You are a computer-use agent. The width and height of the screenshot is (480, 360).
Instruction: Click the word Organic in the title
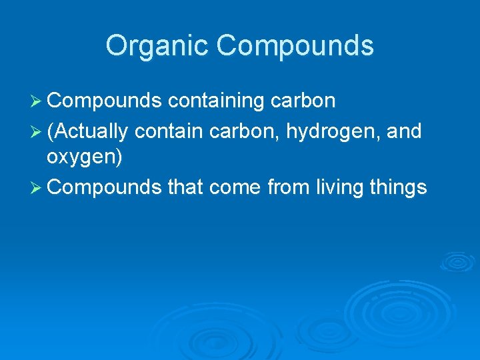(157, 45)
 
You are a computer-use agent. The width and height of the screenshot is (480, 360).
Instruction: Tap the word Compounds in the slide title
(295, 45)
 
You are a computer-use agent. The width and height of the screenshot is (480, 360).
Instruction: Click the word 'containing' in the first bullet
(217, 101)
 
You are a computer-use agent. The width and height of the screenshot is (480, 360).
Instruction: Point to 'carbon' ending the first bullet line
(304, 101)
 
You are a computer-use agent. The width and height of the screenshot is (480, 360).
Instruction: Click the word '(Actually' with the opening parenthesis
(87, 132)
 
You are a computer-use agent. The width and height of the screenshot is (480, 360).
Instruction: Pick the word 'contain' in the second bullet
(169, 132)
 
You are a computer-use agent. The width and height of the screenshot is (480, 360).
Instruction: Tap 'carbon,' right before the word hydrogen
(245, 132)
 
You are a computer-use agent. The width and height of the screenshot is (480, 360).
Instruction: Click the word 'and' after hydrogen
(405, 132)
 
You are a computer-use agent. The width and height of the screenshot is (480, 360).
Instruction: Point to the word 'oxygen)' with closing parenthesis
(84, 158)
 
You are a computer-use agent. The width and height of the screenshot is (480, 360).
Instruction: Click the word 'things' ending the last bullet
(400, 187)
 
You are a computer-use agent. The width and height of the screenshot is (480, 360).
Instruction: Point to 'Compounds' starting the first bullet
(105, 101)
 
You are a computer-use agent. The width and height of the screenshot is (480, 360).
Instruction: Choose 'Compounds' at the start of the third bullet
(105, 187)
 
